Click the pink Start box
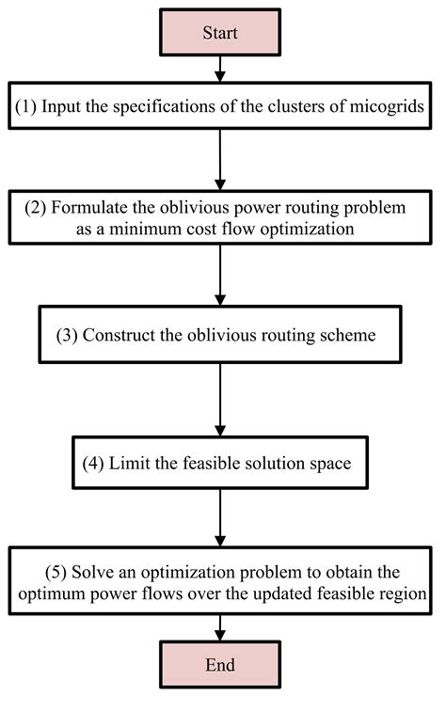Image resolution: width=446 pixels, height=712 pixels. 219,32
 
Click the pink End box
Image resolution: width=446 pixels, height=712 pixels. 219,665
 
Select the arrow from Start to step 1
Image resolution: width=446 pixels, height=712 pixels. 219,69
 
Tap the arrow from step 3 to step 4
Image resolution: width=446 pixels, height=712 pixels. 219,401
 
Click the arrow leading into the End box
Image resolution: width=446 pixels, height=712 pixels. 219,625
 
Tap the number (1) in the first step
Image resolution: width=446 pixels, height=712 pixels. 26,106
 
